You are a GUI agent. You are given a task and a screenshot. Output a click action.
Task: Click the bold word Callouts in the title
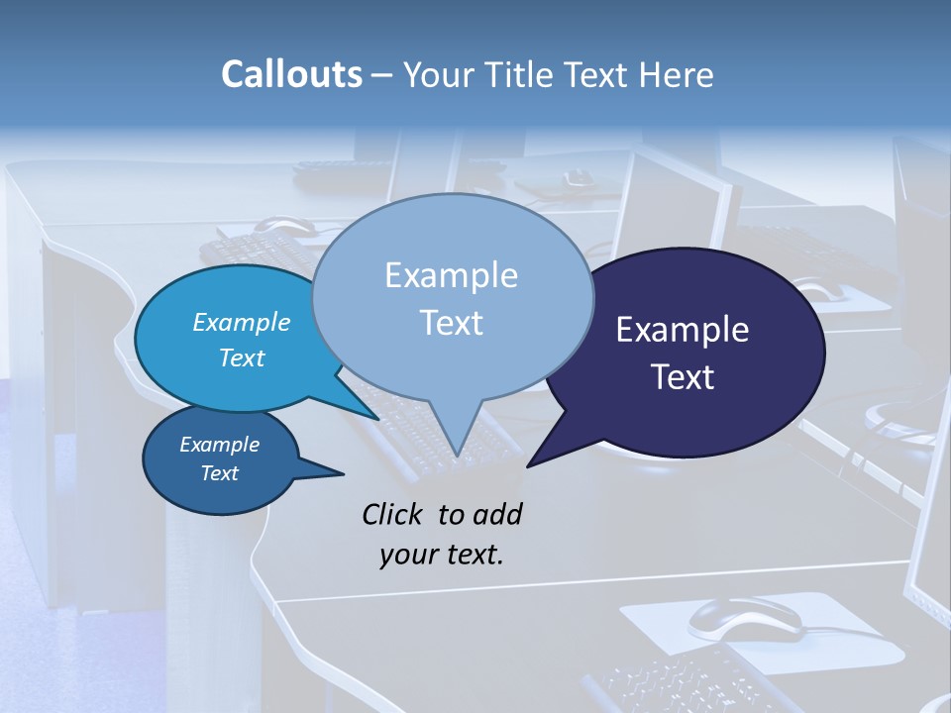291,74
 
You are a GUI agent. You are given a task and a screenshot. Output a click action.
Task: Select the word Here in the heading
677,74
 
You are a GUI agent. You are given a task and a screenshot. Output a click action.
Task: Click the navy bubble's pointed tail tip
527,465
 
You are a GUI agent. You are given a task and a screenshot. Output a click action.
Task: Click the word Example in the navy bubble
683,330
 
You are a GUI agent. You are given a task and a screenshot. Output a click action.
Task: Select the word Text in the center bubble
452,323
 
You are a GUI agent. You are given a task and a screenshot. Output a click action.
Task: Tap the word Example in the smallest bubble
219,445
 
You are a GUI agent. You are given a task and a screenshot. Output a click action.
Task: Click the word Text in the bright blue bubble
242,357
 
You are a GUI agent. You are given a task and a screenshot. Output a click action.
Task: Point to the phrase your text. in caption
442,555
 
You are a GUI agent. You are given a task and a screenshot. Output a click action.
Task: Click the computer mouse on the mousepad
745,619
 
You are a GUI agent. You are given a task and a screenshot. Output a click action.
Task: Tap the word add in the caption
497,514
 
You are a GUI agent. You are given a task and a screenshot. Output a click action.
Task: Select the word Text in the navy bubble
683,377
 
